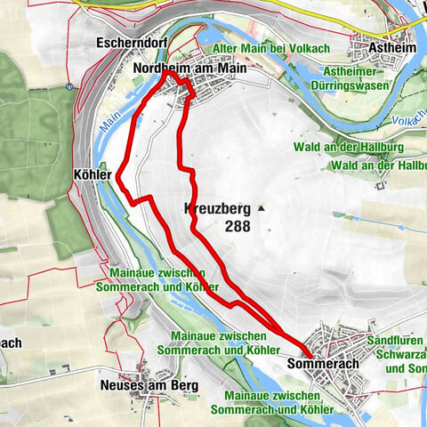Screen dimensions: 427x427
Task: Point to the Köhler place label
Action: (x=93, y=175)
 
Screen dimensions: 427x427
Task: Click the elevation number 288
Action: (x=238, y=226)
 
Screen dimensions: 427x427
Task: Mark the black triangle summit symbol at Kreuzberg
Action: (x=262, y=210)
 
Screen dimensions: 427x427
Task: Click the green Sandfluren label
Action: (x=395, y=341)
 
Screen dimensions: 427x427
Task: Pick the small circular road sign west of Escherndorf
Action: (x=69, y=87)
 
